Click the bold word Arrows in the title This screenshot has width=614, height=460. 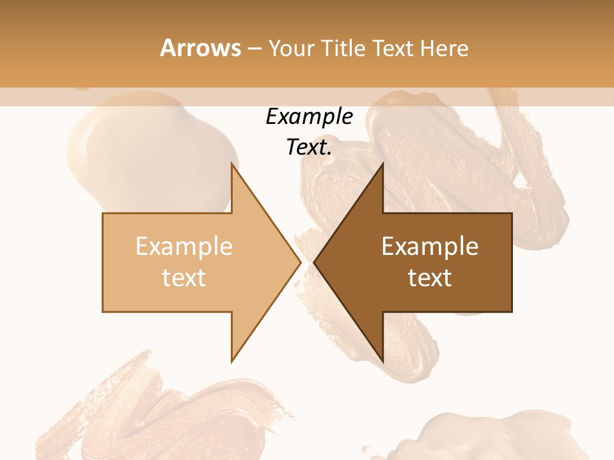200,48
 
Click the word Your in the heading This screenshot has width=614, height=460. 291,48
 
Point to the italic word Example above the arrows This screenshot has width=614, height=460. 309,117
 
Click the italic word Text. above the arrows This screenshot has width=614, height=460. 309,148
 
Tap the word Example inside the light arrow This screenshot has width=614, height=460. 184,247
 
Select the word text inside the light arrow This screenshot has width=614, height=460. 184,278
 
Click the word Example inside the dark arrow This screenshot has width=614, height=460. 430,247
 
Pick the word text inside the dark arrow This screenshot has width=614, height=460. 430,278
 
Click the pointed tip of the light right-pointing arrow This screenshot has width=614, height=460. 300,263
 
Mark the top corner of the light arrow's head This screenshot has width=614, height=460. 232,164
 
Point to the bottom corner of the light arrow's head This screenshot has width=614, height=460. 232,361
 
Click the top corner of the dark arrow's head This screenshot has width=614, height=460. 382,164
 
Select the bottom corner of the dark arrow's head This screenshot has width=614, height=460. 382,361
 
